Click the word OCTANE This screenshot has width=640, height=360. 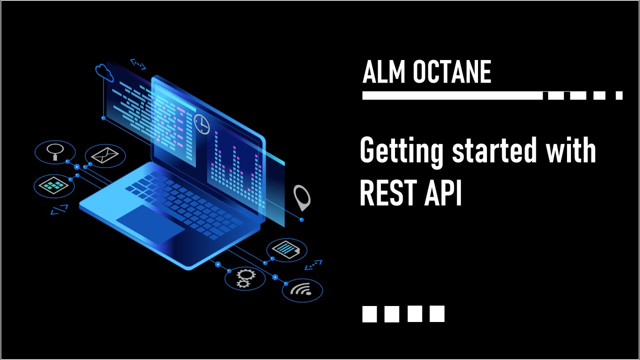(x=452, y=72)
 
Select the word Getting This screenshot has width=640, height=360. (x=402, y=151)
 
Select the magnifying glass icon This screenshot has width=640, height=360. (x=54, y=150)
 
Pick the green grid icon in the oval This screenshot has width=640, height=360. (x=53, y=185)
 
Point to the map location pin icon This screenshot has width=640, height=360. (x=301, y=197)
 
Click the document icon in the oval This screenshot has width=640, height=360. (x=287, y=248)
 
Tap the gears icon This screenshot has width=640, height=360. (x=244, y=278)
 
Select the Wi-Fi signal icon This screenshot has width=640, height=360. (x=302, y=290)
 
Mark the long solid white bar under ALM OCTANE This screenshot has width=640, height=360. (x=452, y=95)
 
